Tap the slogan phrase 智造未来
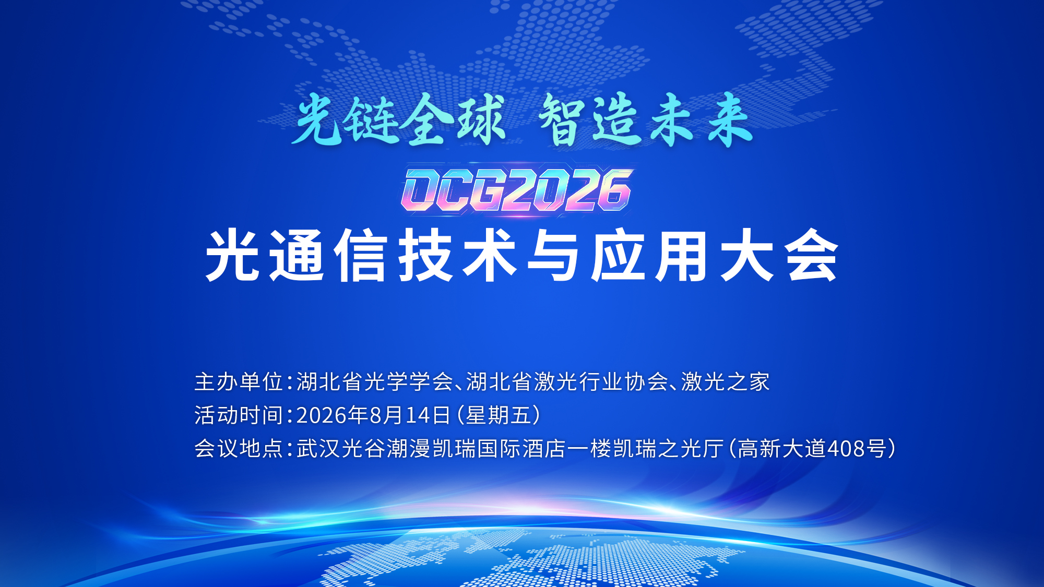click(x=646, y=119)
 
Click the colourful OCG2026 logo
click(x=517, y=190)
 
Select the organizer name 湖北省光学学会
click(x=375, y=382)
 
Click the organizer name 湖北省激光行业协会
click(x=567, y=382)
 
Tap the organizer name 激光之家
click(x=726, y=382)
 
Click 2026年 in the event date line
click(x=333, y=415)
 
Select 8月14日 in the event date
click(x=410, y=415)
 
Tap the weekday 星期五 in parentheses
click(x=499, y=415)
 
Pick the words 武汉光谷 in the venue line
click(x=341, y=449)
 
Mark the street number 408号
click(x=857, y=449)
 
